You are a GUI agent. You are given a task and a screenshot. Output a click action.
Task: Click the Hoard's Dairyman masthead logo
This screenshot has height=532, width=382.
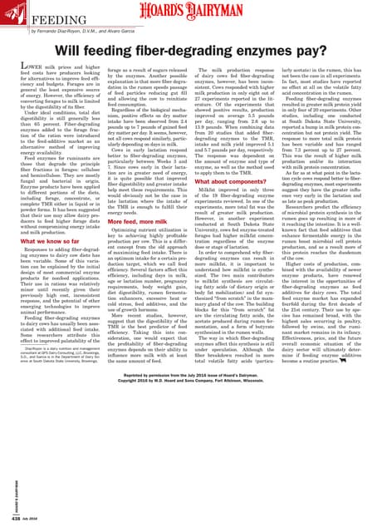click(x=191, y=12)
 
